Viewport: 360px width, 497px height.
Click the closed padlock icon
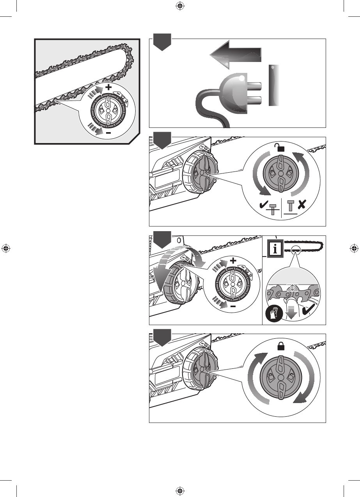click(280, 346)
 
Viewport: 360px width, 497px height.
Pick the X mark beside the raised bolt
click(302, 204)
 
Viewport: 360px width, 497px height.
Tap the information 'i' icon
click(277, 249)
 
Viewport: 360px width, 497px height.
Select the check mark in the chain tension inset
click(307, 314)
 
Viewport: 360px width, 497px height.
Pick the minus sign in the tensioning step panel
click(233, 306)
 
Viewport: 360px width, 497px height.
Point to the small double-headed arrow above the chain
click(291, 288)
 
